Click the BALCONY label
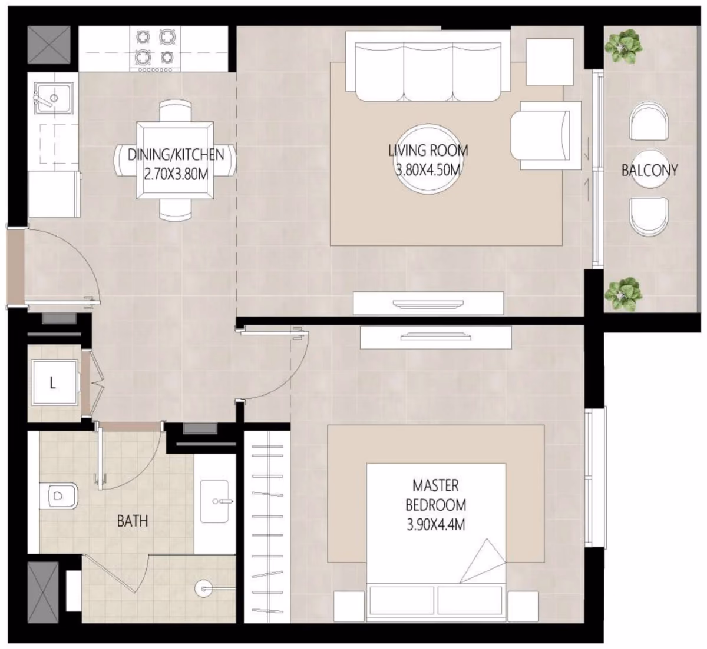[649, 171]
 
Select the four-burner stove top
[155, 49]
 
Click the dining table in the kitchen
[175, 161]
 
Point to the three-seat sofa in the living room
[428, 66]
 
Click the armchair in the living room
[546, 135]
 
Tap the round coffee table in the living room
[428, 159]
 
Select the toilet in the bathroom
[58, 496]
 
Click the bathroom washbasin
[214, 501]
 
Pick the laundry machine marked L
[54, 383]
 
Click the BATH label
[133, 521]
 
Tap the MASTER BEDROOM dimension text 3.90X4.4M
[436, 525]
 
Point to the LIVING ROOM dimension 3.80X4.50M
[428, 170]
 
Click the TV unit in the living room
[428, 303]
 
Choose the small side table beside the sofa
[550, 62]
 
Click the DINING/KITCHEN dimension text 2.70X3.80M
[176, 174]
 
